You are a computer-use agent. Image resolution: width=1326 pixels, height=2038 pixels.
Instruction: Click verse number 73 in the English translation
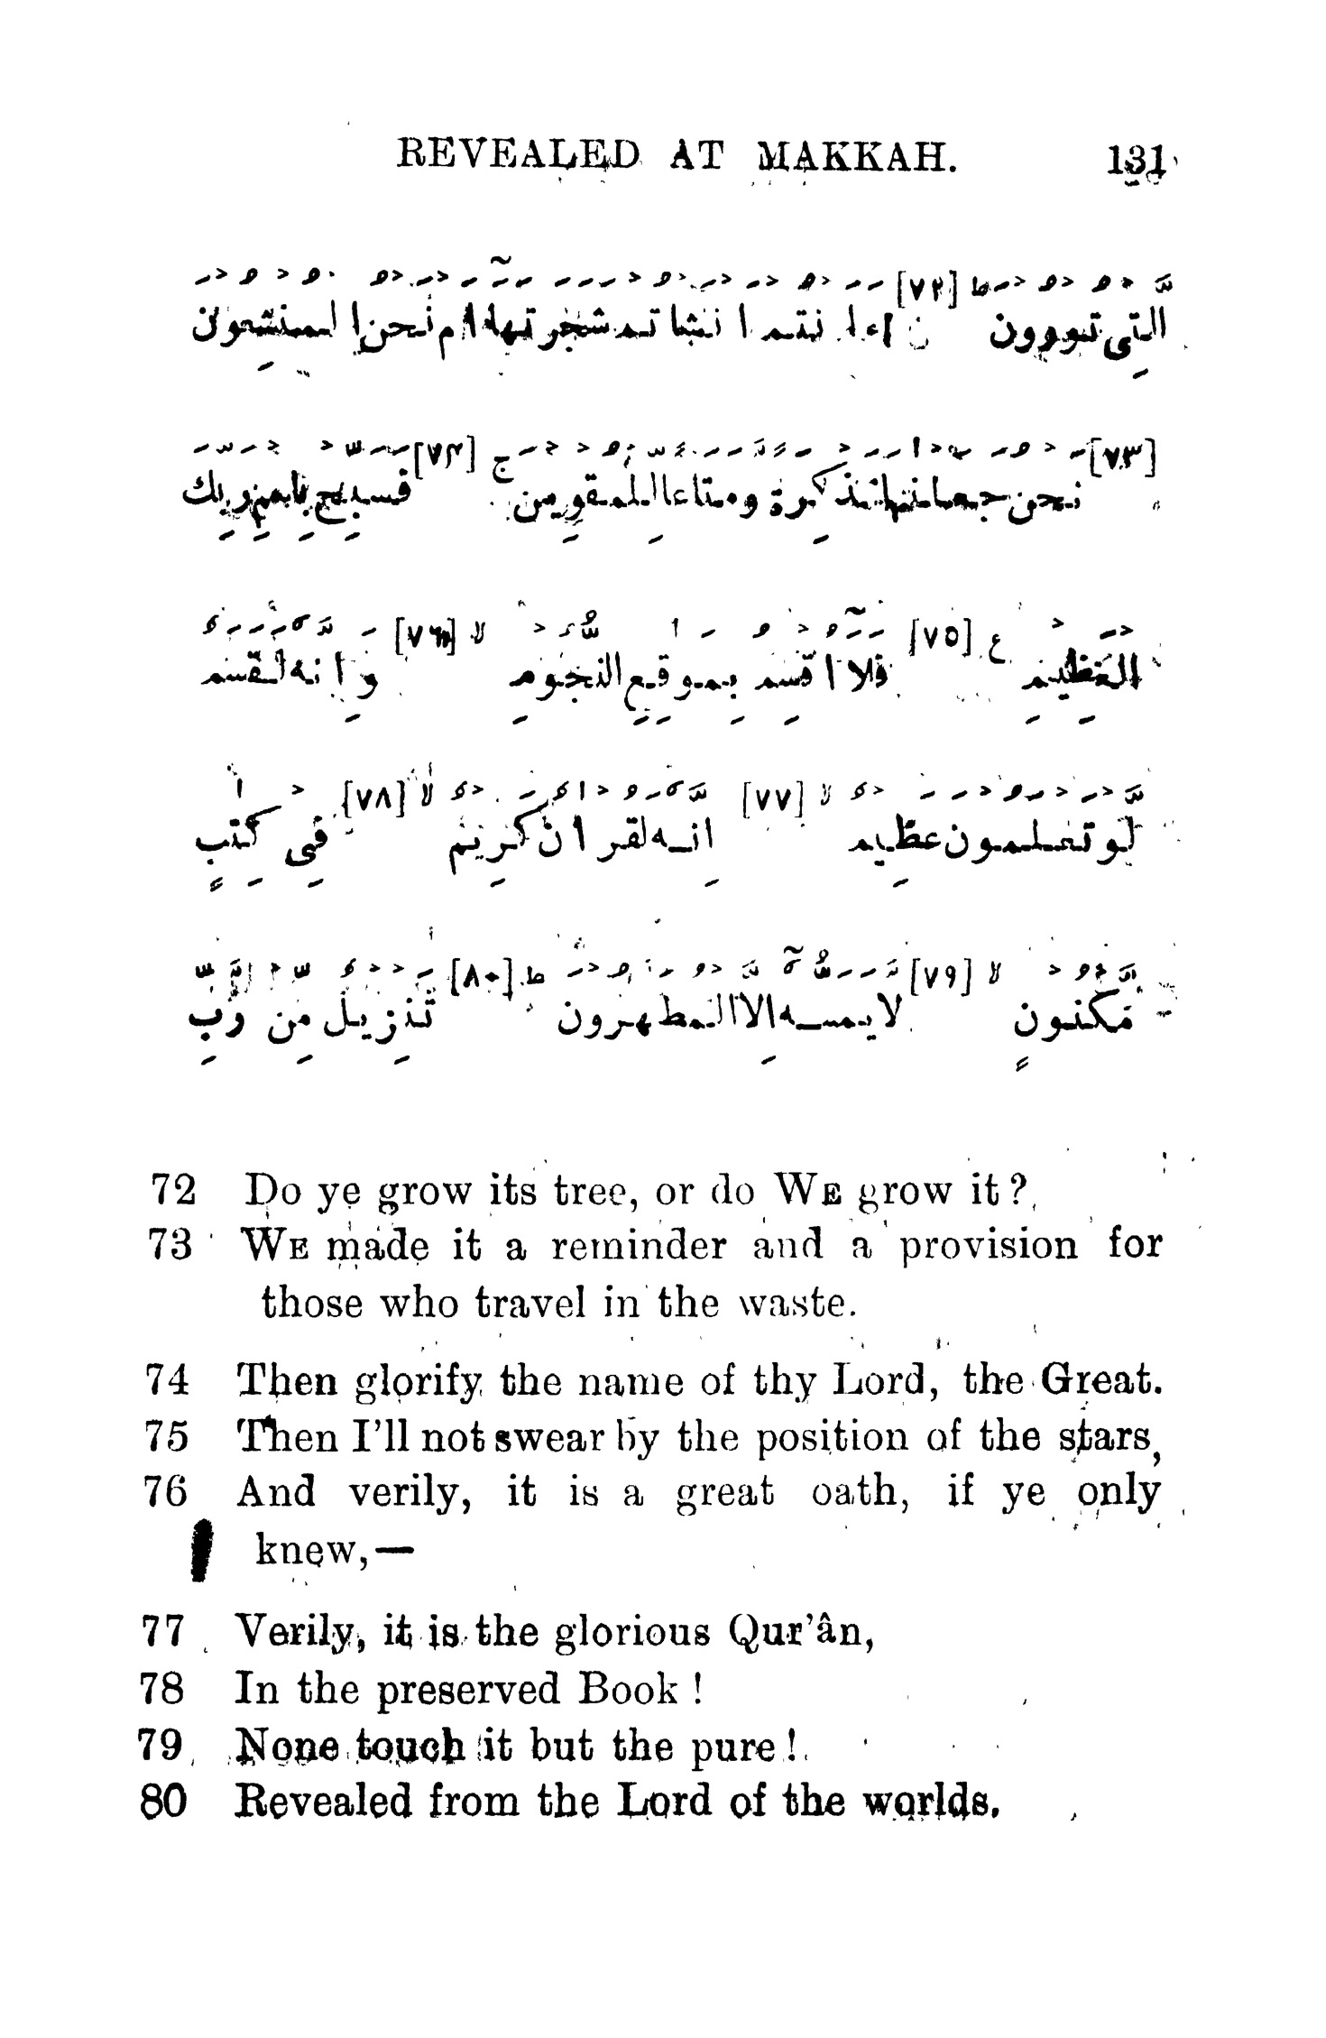[170, 1246]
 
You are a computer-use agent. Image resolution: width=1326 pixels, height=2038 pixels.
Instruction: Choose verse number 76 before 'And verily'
[166, 1492]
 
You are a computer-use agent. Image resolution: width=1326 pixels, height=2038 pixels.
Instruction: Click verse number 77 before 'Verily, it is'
[165, 1632]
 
